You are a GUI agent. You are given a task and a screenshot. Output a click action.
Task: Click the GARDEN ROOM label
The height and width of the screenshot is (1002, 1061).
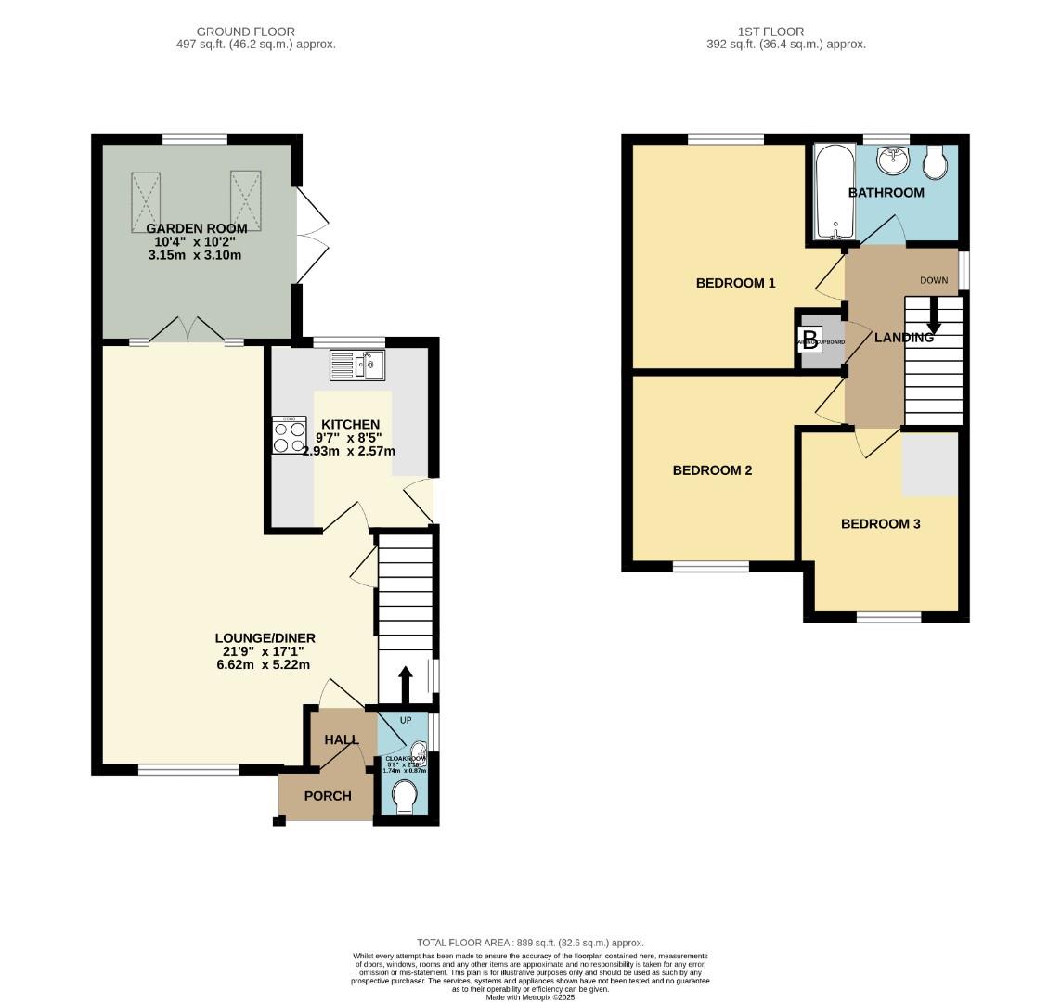pyautogui.click(x=196, y=228)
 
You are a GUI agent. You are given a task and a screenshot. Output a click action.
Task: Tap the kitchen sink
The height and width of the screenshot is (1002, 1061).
pyautogui.click(x=356, y=365)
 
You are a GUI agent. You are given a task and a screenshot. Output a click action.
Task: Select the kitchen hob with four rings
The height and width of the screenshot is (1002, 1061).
pyautogui.click(x=289, y=436)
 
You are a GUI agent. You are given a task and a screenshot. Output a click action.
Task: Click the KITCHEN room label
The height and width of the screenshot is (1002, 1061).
pyautogui.click(x=350, y=425)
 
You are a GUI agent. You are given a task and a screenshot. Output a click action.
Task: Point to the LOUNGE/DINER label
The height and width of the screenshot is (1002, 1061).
pyautogui.click(x=265, y=638)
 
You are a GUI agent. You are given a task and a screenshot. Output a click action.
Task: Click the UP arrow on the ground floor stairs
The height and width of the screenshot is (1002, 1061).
pyautogui.click(x=405, y=685)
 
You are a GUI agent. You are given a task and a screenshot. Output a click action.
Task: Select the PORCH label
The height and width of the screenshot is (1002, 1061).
pyautogui.click(x=328, y=796)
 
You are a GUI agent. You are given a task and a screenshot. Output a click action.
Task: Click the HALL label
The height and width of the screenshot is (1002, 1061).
pyautogui.click(x=341, y=739)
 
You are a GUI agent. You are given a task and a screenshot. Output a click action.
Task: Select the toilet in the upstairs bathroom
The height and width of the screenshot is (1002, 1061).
pyautogui.click(x=936, y=162)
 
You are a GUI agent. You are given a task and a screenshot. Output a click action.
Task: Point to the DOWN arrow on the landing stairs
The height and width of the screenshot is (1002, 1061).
pyautogui.click(x=934, y=315)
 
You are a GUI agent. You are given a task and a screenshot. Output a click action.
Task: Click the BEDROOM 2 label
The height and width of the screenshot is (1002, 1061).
pyautogui.click(x=712, y=470)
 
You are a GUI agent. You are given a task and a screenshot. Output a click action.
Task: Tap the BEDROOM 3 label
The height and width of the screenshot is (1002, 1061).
pyautogui.click(x=880, y=524)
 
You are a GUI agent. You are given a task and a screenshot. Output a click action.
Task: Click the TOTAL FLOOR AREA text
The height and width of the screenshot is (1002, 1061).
pyautogui.click(x=529, y=943)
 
